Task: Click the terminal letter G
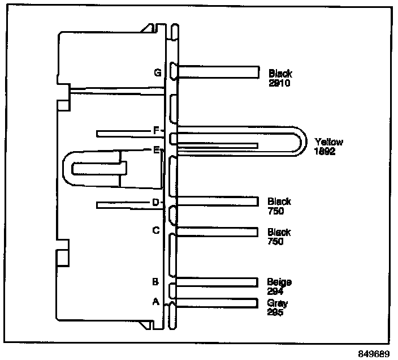click(157, 73)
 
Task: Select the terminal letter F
click(157, 130)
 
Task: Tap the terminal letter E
click(156, 149)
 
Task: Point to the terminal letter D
click(156, 202)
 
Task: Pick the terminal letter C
click(156, 230)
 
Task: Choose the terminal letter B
click(156, 281)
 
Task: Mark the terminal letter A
click(156, 302)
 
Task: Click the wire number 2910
click(280, 83)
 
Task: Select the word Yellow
click(328, 142)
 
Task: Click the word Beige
click(279, 281)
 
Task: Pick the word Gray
click(277, 303)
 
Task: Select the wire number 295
click(275, 311)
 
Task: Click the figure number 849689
click(374, 352)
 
